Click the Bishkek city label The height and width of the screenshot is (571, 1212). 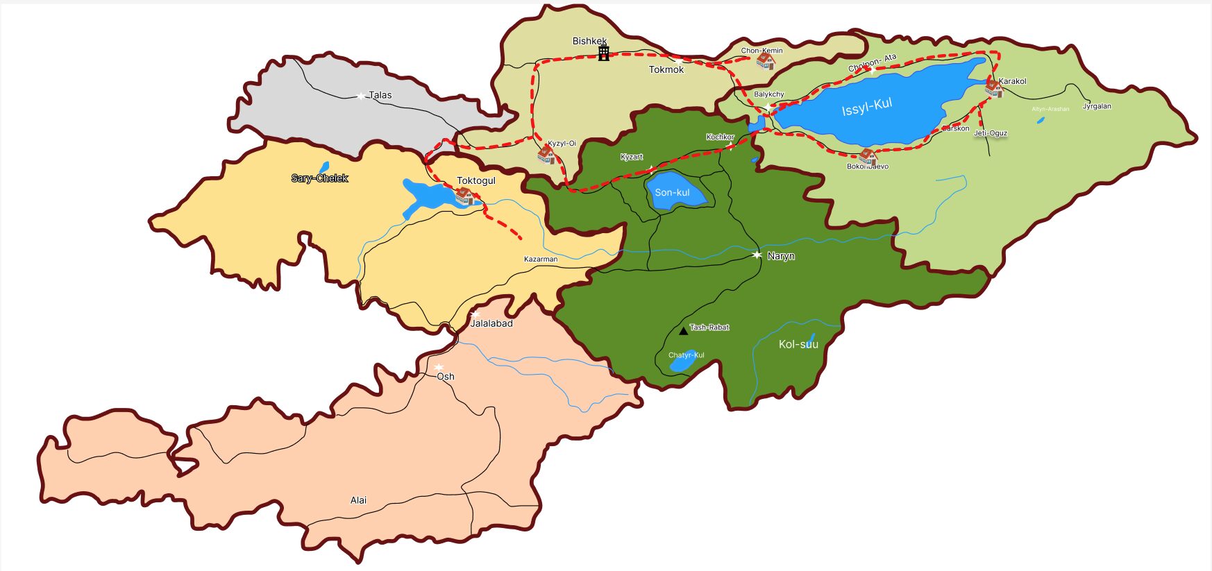589,42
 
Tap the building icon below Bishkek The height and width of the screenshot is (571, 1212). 604,53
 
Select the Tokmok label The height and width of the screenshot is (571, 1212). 666,69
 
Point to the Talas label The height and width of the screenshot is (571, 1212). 380,95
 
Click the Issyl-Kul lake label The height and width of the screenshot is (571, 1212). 866,108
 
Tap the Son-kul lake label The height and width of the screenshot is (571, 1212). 672,192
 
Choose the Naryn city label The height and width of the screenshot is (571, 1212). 780,256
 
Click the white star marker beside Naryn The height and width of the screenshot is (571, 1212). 757,255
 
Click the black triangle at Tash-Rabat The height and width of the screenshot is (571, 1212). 683,331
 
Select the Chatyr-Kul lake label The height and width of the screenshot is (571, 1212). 686,355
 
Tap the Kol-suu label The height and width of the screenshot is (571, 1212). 798,344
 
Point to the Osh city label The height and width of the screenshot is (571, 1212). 446,377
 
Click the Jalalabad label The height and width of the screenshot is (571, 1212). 491,323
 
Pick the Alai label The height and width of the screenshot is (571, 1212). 358,500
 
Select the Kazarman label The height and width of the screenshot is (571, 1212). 540,259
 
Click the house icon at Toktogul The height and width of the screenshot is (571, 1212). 464,196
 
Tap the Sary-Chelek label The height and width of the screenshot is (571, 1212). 319,178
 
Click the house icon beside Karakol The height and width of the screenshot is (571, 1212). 993,88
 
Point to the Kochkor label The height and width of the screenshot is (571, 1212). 720,137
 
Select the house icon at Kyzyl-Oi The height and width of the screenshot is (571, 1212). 546,154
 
